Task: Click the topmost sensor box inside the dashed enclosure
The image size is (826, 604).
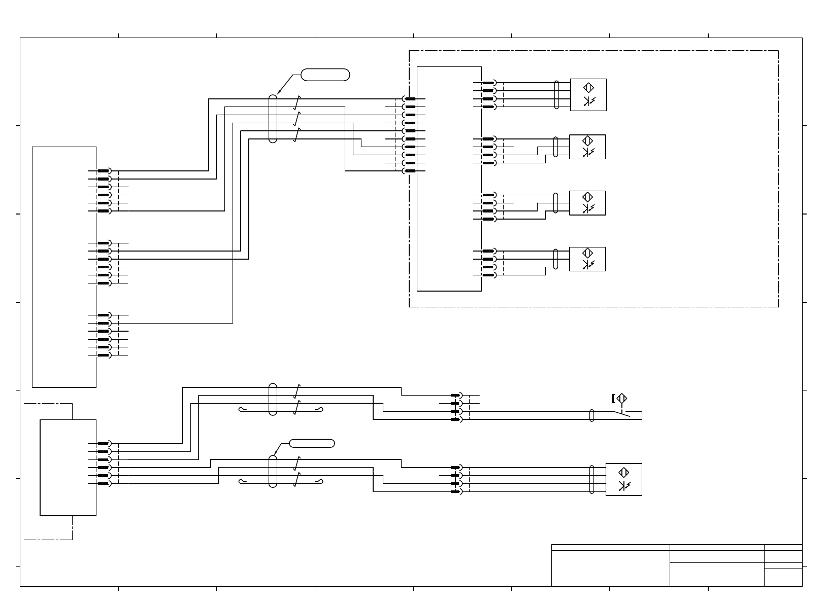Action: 588,95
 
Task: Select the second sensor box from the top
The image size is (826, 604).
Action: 587,147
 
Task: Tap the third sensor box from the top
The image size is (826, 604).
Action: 587,203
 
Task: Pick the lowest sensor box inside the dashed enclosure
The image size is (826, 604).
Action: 587,259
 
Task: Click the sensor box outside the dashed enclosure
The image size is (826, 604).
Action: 623,479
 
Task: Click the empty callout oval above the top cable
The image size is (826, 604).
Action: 325,75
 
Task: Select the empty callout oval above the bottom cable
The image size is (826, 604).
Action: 312,443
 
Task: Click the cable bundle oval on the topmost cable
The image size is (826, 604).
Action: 273,119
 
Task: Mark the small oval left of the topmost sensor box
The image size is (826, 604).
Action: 557,95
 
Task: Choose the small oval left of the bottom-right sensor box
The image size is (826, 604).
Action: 592,479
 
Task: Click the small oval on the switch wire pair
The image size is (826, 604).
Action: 591,415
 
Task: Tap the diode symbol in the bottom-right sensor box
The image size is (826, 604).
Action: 623,487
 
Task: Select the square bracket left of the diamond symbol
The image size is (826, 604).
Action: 614,399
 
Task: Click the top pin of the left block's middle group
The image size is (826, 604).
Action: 104,243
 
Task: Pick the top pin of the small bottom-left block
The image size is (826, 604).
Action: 104,444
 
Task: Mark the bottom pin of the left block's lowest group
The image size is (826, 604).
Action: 104,355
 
